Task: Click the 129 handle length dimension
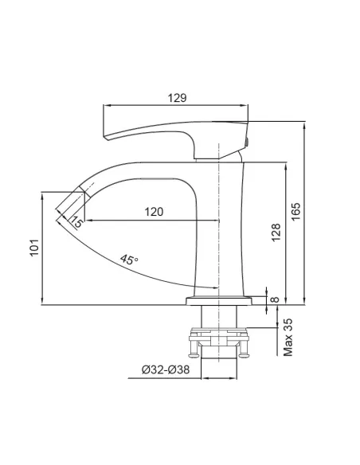[x=178, y=98]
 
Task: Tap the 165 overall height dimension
[x=295, y=211]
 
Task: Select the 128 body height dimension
[x=276, y=232]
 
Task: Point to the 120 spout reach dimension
[x=154, y=212]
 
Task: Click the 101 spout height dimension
[x=34, y=248]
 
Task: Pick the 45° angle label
[x=129, y=260]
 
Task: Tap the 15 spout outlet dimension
[x=76, y=221]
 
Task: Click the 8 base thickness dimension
[x=276, y=300]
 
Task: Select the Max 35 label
[x=288, y=337]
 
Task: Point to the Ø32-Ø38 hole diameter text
[x=166, y=369]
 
